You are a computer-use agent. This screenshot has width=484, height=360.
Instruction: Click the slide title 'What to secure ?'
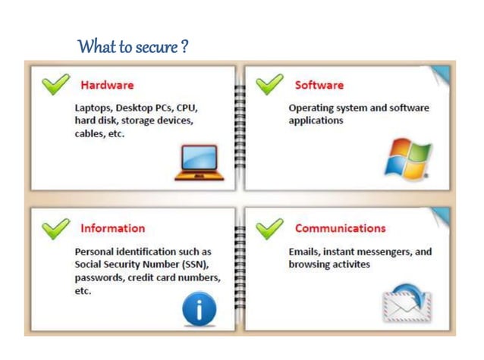[133, 47]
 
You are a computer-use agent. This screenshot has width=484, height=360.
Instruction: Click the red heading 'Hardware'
[108, 85]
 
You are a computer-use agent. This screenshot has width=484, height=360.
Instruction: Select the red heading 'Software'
[319, 85]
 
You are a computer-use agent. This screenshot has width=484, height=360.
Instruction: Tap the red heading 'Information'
[112, 228]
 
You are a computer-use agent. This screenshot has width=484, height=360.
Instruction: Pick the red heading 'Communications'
[340, 228]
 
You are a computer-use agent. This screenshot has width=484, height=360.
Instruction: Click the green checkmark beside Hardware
[55, 83]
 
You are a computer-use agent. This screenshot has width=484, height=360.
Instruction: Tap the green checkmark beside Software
[269, 83]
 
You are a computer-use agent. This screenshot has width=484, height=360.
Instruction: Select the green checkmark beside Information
[55, 227]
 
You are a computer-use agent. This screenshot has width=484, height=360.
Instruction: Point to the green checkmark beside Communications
[269, 227]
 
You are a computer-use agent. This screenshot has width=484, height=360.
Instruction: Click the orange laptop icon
[199, 161]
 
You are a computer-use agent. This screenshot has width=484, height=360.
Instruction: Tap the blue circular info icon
[200, 308]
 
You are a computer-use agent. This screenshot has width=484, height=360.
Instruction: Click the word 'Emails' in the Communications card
[306, 251]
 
